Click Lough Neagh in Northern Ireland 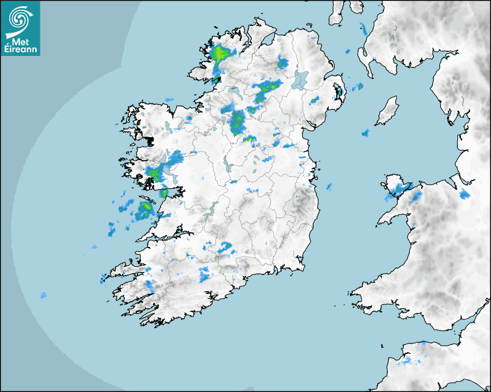click(300, 79)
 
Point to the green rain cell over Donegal click(220, 55)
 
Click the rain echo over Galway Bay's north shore click(154, 173)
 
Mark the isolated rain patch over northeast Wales click(464, 194)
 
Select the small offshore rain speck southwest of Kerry click(43, 296)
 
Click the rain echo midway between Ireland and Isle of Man click(365, 133)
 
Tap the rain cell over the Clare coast click(144, 209)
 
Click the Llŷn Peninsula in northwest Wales click(393, 213)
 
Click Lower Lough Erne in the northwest click(234, 92)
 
